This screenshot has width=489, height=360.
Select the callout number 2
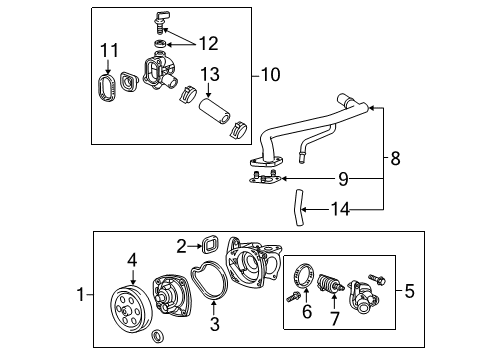click(180, 245)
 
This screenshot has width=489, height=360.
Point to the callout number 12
click(207, 43)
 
